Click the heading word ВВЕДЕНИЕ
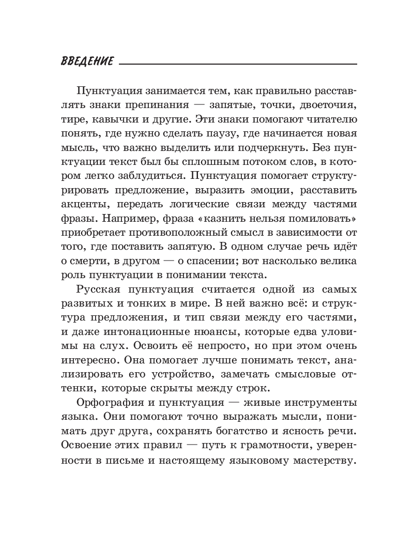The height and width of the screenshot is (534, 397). tap(87, 61)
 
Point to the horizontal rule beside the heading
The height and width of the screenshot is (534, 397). tap(238, 64)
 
